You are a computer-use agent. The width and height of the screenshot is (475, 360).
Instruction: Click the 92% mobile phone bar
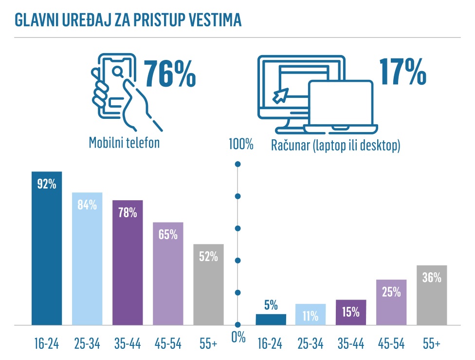[x=47, y=248]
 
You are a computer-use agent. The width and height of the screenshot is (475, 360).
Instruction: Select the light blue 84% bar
[x=87, y=258]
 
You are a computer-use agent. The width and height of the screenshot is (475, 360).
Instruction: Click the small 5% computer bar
[x=271, y=319]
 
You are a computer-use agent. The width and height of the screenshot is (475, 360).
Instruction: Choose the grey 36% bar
[x=432, y=295]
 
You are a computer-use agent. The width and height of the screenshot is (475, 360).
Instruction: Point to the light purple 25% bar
[x=391, y=302]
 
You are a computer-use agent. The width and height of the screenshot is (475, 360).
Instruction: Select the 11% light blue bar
[x=311, y=314]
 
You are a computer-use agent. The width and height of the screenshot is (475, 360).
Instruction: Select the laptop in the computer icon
[x=341, y=107]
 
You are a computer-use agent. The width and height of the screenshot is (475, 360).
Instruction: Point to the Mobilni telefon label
[x=124, y=143]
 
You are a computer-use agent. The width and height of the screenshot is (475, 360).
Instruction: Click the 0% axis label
[x=238, y=338]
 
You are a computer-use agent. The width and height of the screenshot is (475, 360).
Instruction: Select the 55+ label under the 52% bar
[x=208, y=343]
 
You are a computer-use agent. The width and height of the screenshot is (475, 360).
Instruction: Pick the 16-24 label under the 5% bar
[x=271, y=343]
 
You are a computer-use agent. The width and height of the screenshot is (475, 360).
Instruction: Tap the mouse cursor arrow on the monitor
[x=281, y=95]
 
